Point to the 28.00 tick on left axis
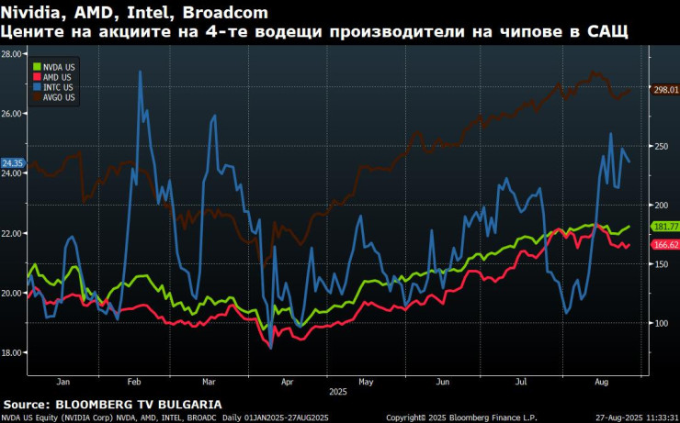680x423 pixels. pyautogui.click(x=12, y=54)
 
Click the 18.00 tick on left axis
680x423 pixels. pyautogui.click(x=12, y=352)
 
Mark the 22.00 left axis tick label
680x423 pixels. pyautogui.click(x=12, y=233)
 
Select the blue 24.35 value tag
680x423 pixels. pyautogui.click(x=12, y=163)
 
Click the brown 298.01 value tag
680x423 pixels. pyautogui.click(x=664, y=90)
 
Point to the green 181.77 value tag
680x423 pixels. pyautogui.click(x=664, y=226)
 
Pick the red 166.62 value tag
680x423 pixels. pyautogui.click(x=664, y=245)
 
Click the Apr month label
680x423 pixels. pyautogui.click(x=288, y=380)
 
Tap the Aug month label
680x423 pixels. pyautogui.click(x=601, y=380)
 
